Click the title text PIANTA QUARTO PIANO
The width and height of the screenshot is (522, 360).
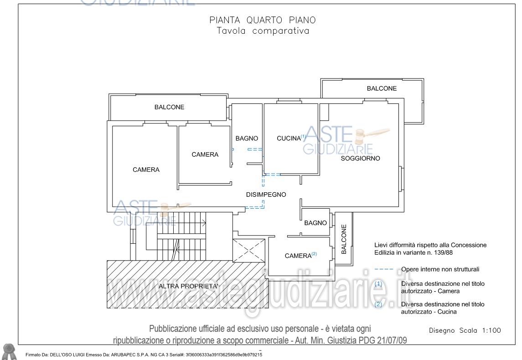(x=262, y=20)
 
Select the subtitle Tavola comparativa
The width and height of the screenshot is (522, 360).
(x=262, y=31)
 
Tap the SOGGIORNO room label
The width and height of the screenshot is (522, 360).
(x=360, y=159)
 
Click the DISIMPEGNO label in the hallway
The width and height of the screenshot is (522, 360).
(x=266, y=195)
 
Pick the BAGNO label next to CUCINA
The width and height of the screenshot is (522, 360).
(x=247, y=139)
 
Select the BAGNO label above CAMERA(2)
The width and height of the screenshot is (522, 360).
(x=315, y=223)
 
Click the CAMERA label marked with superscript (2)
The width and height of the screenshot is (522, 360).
(x=298, y=256)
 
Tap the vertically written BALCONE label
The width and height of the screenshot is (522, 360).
(x=344, y=239)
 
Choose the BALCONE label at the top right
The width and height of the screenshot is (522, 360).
(x=382, y=88)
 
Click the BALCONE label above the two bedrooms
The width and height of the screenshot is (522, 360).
(x=169, y=107)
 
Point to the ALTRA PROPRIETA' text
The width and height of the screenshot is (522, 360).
(x=188, y=286)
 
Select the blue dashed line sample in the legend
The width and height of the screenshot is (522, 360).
(x=384, y=269)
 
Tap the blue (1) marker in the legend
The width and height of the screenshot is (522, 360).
(x=378, y=283)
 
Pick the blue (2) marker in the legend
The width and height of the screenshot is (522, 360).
(x=378, y=304)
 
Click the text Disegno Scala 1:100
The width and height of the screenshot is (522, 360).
(x=465, y=330)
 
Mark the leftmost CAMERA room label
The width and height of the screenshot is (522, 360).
(x=146, y=170)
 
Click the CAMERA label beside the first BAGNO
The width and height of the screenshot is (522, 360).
(x=205, y=154)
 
